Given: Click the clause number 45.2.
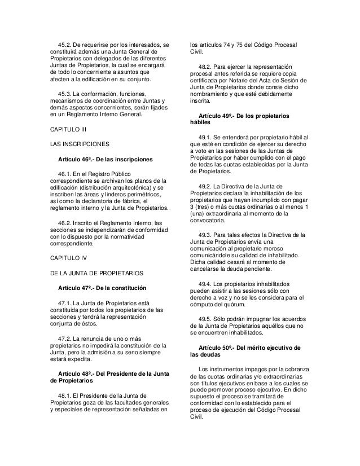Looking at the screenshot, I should (x=65, y=45).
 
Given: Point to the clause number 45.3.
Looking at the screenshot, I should (x=65, y=93).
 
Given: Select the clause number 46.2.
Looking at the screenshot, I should (x=65, y=222).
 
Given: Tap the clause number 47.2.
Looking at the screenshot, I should (x=65, y=337).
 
